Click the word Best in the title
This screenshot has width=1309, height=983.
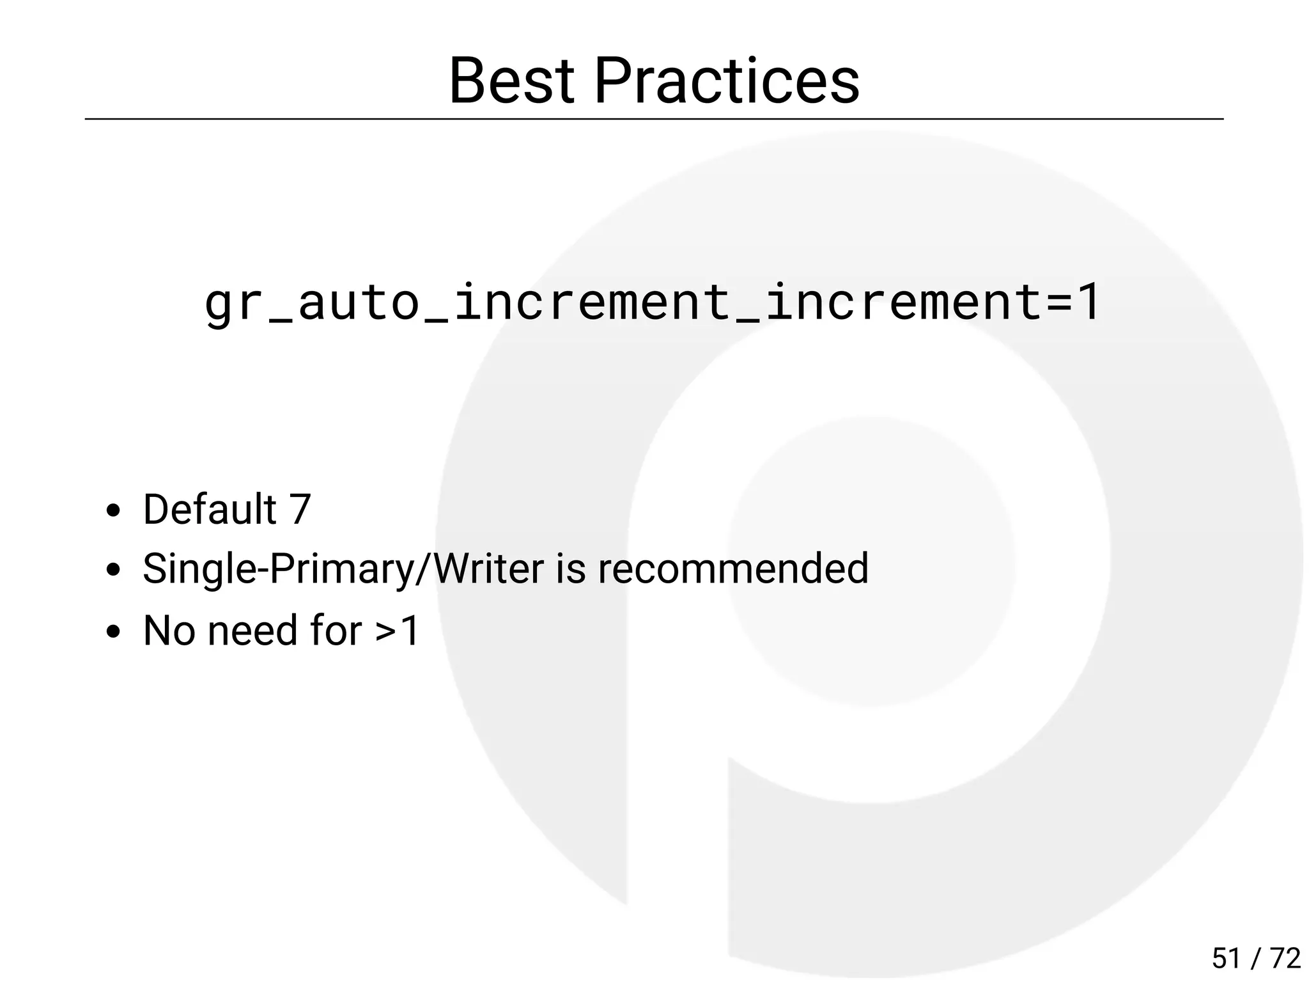click(511, 81)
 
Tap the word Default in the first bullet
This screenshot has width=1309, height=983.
click(210, 510)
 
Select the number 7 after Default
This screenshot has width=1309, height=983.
click(300, 510)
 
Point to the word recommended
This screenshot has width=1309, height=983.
click(733, 569)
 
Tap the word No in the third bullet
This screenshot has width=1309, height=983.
click(169, 631)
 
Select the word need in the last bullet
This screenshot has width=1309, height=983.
click(252, 631)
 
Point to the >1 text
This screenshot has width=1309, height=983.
click(397, 631)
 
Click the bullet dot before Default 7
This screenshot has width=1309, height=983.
click(114, 511)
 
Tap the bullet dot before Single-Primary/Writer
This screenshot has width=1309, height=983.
click(114, 570)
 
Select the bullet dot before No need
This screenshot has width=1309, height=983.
click(114, 632)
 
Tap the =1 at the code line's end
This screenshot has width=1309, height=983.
click(1073, 302)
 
